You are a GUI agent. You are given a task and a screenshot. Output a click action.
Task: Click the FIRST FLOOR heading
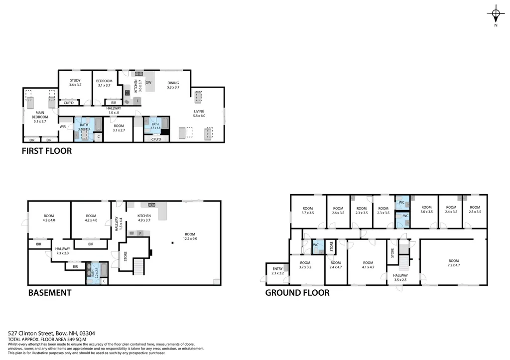pyautogui.click(x=47, y=150)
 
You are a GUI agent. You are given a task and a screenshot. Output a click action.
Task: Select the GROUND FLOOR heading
pyautogui.click(x=297, y=293)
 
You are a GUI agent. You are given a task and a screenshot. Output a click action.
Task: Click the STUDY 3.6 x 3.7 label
pyautogui.click(x=75, y=83)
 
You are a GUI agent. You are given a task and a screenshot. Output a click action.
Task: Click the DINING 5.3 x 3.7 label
pyautogui.click(x=173, y=85)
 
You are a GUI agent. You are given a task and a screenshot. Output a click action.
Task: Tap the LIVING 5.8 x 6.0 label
pyautogui.click(x=199, y=114)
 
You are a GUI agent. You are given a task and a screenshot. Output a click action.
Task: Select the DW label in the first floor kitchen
pyautogui.click(x=148, y=83)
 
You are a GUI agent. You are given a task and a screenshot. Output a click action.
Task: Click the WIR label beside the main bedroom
pyautogui.click(x=63, y=127)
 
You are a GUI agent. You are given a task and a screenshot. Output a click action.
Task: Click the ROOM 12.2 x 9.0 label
pyautogui.click(x=190, y=237)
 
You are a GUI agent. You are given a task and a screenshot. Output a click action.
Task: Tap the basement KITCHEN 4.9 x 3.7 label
pyautogui.click(x=144, y=218)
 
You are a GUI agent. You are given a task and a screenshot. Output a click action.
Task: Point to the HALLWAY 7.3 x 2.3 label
pyautogui.click(x=63, y=251)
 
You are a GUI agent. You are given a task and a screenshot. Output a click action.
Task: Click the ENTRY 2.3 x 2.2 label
pyautogui.click(x=277, y=271)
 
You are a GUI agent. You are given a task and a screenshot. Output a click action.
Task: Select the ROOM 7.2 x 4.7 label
pyautogui.click(x=453, y=263)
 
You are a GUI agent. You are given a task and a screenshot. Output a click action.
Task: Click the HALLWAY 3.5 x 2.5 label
pyautogui.click(x=400, y=277)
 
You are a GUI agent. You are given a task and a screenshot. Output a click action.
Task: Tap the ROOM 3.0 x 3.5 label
pyautogui.click(x=427, y=210)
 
